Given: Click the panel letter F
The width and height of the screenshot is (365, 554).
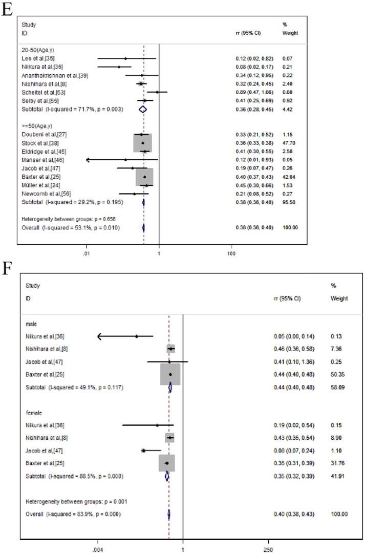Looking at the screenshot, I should (6, 268).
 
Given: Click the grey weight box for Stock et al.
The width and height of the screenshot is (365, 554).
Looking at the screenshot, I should (143, 143).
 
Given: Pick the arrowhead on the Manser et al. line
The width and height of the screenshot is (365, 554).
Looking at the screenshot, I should (88, 160).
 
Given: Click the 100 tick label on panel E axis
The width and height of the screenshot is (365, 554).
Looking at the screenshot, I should (231, 253).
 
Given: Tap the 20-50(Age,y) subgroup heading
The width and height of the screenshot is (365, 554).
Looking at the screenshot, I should (37, 50).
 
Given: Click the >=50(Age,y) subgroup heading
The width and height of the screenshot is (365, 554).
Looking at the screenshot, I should (37, 125).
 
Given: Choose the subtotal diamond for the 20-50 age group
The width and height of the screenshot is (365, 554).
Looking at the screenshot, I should (143, 109).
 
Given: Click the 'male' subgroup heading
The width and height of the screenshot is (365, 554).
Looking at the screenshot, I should (31, 323).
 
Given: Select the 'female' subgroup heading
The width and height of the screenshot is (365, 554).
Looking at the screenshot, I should (33, 412).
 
